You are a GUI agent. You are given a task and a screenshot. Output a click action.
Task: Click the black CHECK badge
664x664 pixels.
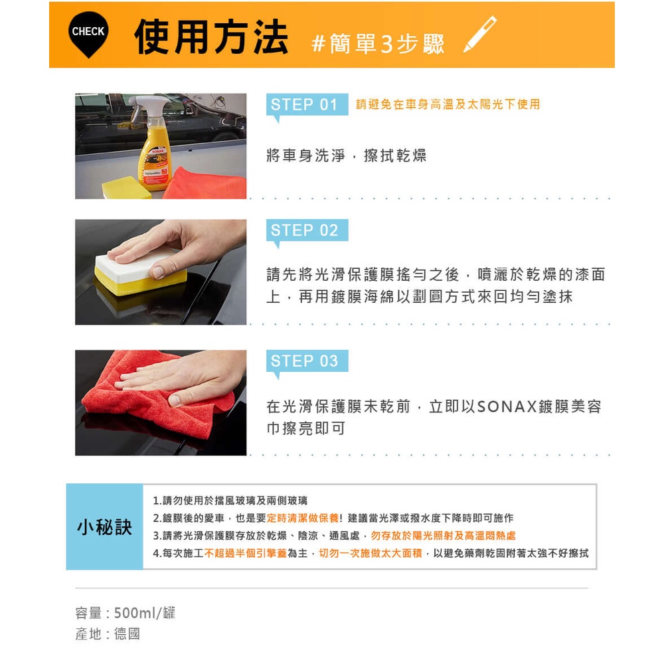[x=88, y=33]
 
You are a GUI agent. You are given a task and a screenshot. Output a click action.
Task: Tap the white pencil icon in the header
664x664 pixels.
[x=480, y=35]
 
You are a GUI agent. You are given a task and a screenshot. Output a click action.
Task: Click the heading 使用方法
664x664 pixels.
[x=211, y=37]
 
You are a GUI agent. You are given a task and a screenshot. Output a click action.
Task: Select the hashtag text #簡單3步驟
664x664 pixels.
[x=378, y=44]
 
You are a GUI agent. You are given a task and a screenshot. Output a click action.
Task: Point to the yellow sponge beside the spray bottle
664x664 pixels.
[x=125, y=187]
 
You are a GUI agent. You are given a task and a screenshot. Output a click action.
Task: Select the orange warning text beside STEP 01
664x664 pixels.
[x=448, y=104]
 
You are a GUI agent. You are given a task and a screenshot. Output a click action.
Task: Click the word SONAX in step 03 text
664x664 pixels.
[x=507, y=406]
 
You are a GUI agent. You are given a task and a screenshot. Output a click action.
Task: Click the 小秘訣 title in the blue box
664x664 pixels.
[x=105, y=527]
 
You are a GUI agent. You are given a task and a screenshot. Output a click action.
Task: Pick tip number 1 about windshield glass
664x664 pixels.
[x=230, y=501]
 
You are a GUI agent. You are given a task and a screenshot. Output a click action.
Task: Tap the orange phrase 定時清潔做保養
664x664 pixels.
[x=303, y=518]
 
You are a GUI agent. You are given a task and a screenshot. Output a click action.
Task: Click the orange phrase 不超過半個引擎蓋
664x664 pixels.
[x=246, y=553]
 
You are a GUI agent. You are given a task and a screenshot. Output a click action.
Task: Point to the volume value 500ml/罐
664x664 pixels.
[x=145, y=613]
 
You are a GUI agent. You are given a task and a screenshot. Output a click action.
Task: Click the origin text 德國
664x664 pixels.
[x=127, y=634]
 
